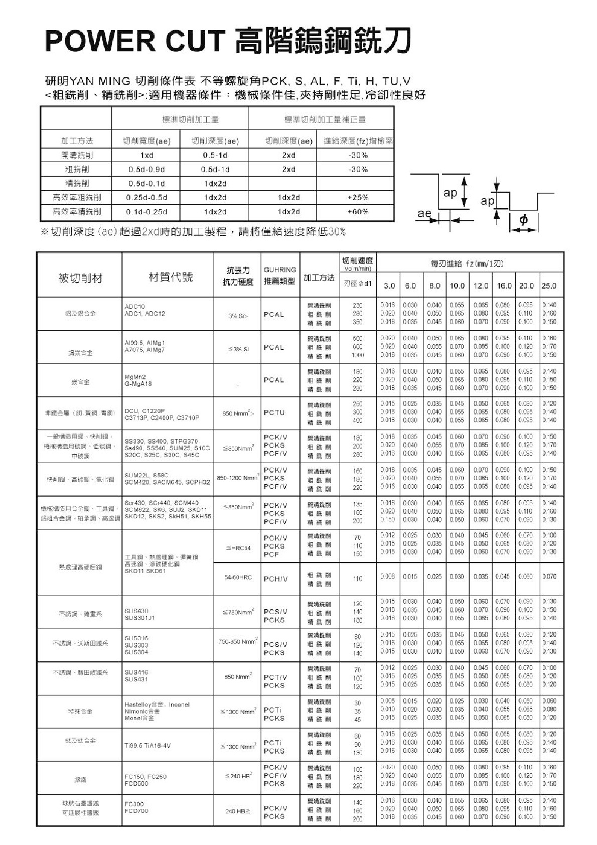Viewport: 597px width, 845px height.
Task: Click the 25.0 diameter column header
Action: [549, 286]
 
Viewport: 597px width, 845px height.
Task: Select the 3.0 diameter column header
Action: [389, 286]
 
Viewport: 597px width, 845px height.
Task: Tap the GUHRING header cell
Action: [279, 269]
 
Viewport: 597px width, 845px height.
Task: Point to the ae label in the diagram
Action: [424, 213]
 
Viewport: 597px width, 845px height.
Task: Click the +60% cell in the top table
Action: [358, 212]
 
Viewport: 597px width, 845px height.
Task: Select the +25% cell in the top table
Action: [358, 198]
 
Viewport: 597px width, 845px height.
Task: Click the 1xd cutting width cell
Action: [146, 156]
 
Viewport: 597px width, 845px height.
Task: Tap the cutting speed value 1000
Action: [357, 355]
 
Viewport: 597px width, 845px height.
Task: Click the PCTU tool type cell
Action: [274, 412]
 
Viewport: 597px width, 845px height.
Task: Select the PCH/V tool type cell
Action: [276, 579]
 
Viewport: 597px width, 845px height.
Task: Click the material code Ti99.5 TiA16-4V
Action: [147, 745]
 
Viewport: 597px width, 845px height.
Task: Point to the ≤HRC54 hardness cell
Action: [238, 548]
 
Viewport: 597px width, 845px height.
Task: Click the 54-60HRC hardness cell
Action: [238, 578]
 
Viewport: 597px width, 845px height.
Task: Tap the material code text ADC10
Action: [134, 306]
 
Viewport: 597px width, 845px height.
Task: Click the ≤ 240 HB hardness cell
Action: [238, 776]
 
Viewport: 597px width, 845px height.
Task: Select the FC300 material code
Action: [134, 803]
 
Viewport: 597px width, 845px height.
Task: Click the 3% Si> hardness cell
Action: [238, 316]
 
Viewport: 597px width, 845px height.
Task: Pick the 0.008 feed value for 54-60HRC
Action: [388, 577]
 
